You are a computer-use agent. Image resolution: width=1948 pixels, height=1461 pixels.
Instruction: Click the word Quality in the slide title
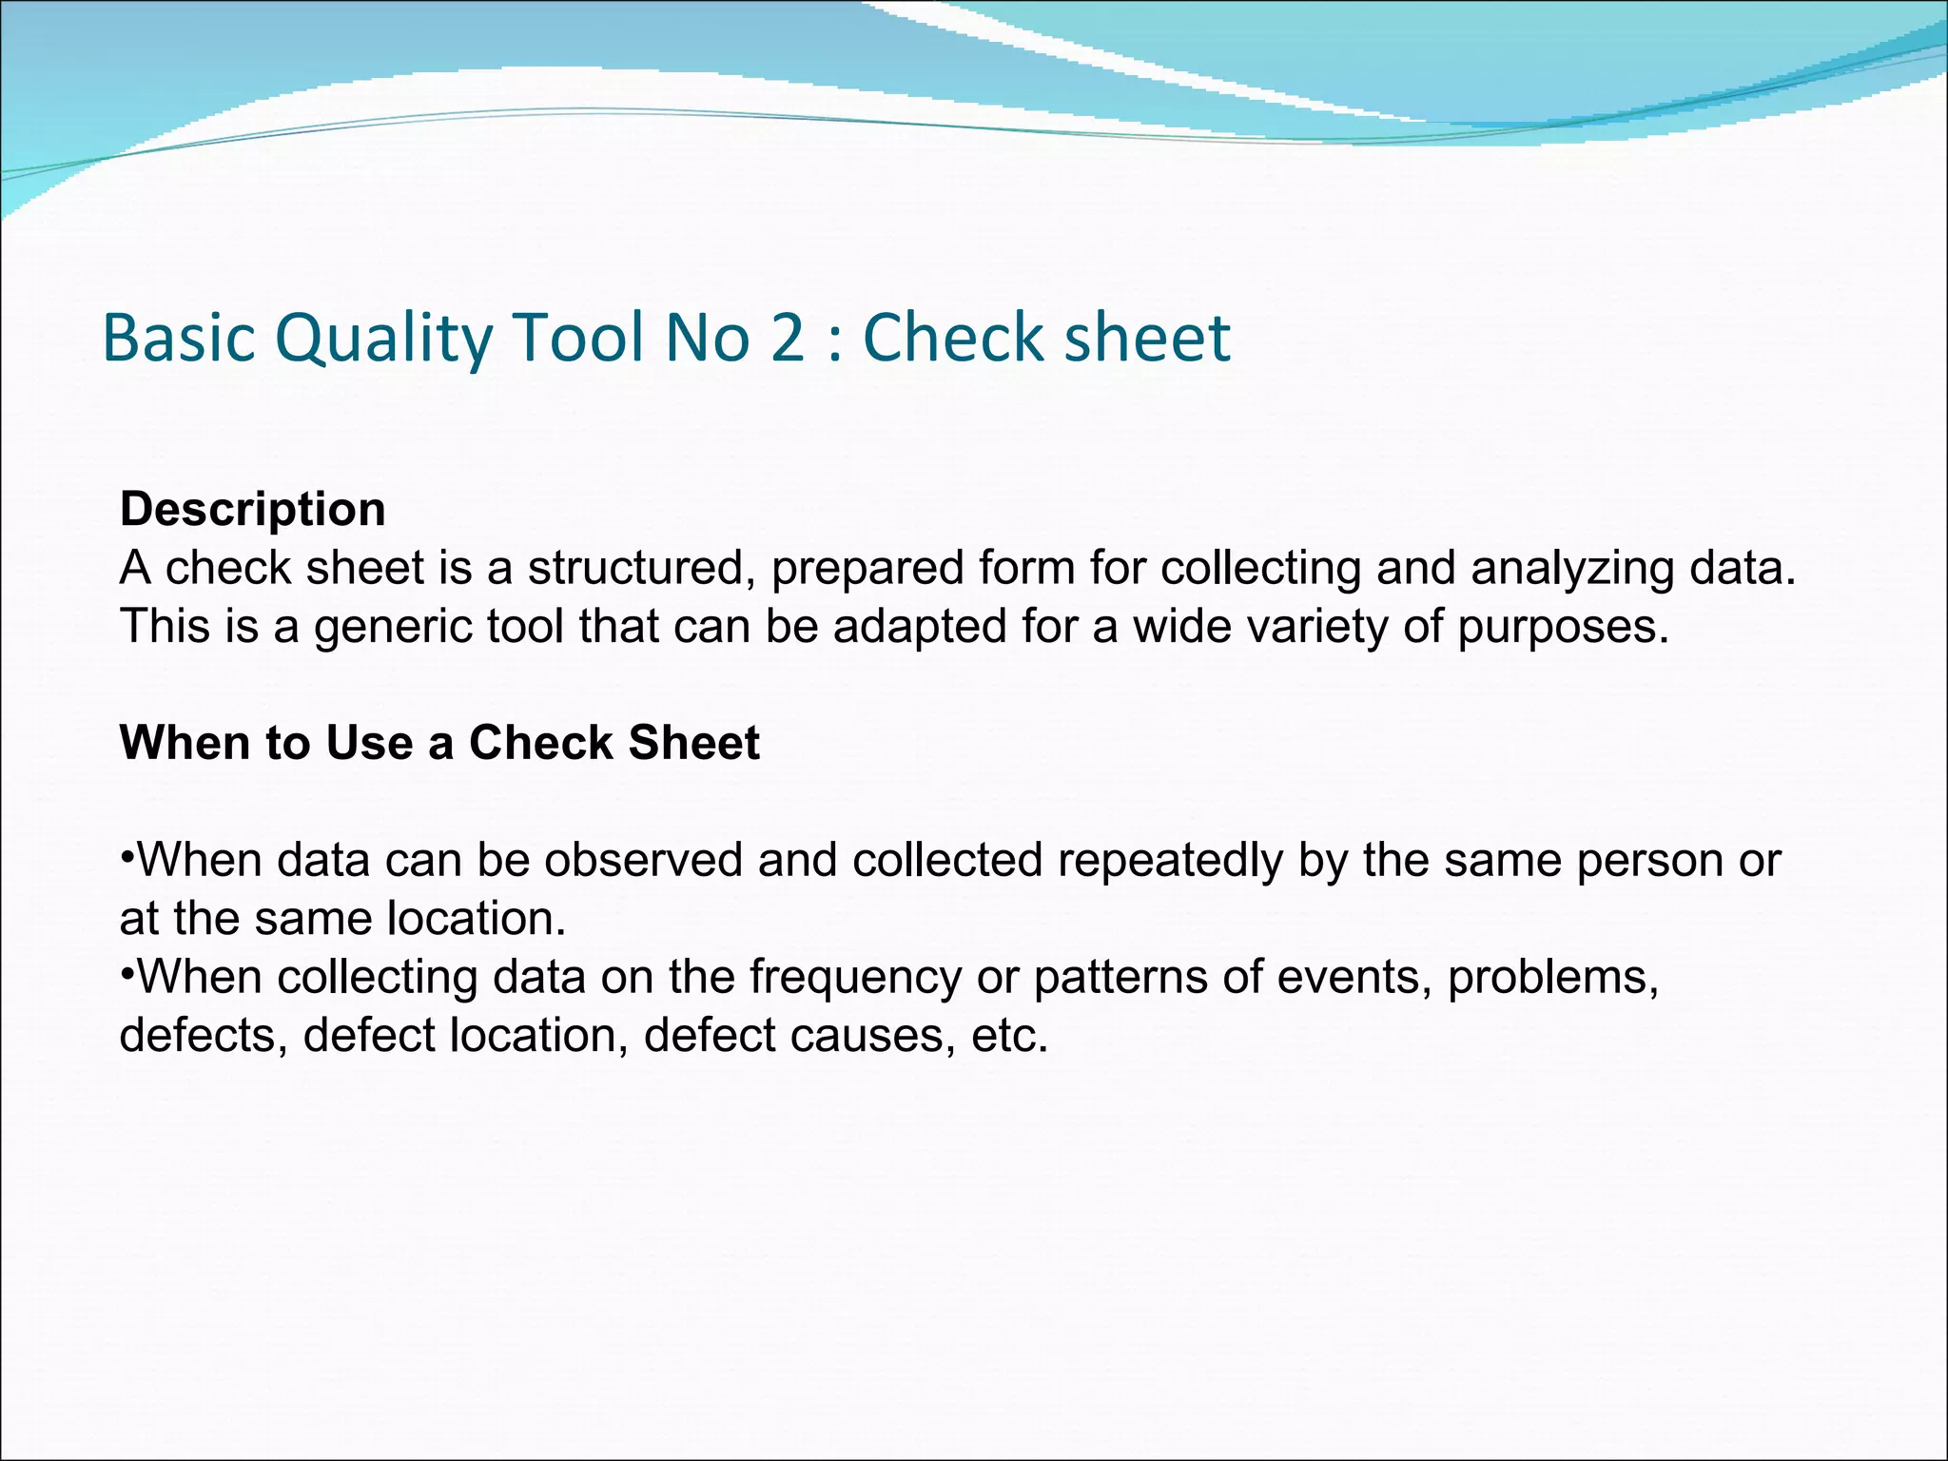(x=384, y=339)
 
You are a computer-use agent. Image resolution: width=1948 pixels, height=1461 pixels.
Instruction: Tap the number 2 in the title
(x=788, y=339)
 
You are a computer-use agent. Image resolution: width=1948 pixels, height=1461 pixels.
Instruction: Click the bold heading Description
(x=253, y=510)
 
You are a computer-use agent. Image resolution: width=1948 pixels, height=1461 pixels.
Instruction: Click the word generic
(x=393, y=628)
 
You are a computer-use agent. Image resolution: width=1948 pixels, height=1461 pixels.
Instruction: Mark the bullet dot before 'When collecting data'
(x=127, y=971)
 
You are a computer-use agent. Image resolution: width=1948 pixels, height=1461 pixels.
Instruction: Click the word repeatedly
(x=1170, y=861)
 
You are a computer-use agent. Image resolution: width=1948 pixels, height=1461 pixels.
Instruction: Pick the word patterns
(x=1120, y=978)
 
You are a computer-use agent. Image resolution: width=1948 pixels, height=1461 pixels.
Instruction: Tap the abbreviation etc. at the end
(x=1009, y=1036)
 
